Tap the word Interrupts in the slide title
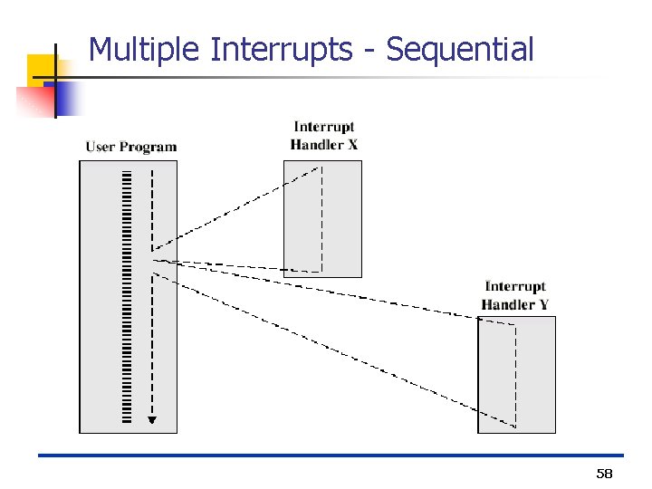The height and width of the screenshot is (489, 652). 281,50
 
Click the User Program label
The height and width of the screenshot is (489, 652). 131,147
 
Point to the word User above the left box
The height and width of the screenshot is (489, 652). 101,147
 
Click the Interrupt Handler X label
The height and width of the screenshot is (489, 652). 323,136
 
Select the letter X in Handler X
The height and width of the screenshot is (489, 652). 352,145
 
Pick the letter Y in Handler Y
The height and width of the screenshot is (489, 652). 543,305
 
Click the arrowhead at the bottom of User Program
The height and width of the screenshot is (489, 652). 152,419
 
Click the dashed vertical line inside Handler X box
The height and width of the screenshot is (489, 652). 322,217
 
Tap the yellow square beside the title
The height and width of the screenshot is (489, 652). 41,69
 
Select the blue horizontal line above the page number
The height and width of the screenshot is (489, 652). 331,455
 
